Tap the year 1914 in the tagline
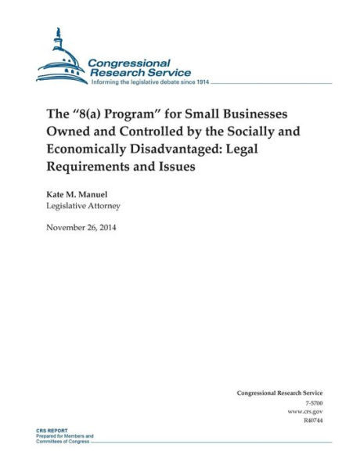(202, 81)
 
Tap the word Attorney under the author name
(100, 206)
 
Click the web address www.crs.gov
(307, 410)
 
